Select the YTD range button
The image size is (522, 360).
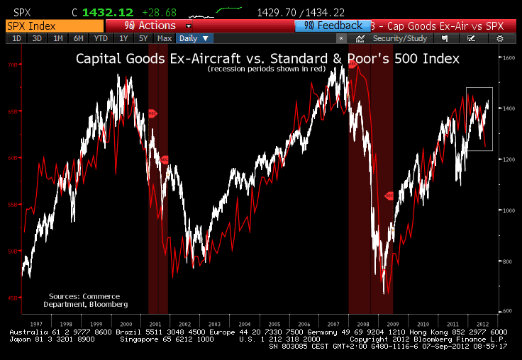click(x=101, y=38)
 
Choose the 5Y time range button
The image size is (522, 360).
click(x=144, y=38)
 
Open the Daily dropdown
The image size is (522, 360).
click(x=194, y=38)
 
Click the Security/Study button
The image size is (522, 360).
click(x=394, y=38)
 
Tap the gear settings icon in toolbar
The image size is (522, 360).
click(x=501, y=38)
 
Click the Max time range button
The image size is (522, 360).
click(x=165, y=38)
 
